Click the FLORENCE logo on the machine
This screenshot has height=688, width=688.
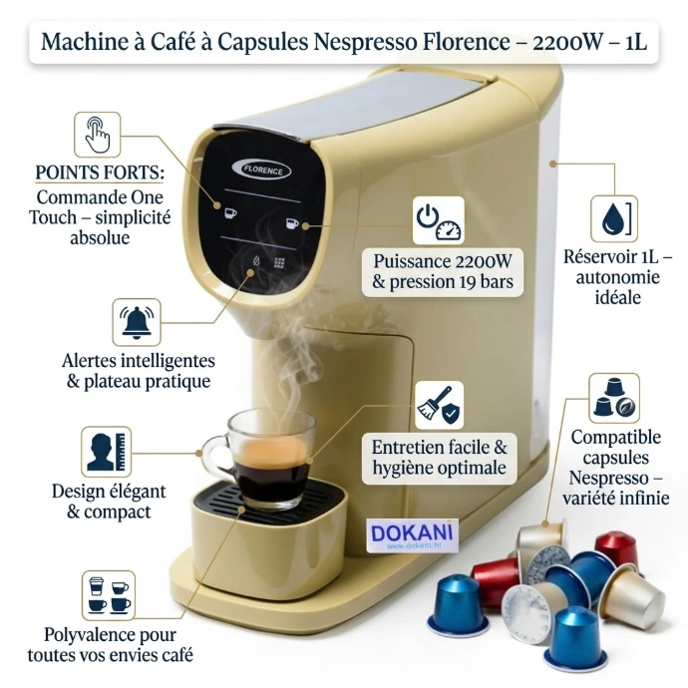(260, 170)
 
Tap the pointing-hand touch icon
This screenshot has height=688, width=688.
(97, 135)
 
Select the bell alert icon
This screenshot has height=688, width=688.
(137, 322)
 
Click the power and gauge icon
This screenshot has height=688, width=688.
(438, 220)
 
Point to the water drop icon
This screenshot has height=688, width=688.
(614, 219)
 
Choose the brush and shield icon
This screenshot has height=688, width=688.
(439, 405)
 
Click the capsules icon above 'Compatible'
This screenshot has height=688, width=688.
(614, 399)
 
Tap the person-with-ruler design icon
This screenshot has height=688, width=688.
(106, 452)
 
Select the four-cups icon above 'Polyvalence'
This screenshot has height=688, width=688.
(109, 595)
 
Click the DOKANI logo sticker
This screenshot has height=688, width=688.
(412, 534)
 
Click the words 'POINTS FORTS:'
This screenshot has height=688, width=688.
(99, 172)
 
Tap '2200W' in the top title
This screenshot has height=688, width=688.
(567, 42)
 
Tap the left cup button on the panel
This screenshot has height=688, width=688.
(230, 213)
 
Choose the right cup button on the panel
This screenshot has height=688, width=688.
(292, 223)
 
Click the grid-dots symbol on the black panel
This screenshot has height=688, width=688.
(279, 262)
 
